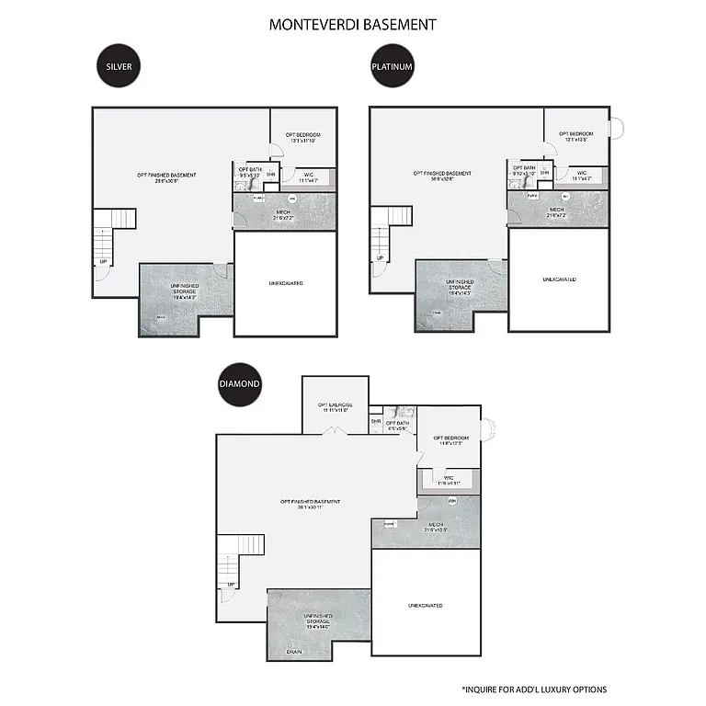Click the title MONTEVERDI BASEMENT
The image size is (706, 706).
tap(352, 25)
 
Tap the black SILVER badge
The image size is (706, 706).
tap(118, 67)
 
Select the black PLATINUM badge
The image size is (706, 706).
tap(393, 67)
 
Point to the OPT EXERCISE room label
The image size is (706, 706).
tap(335, 406)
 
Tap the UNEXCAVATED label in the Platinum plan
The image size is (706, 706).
tap(559, 279)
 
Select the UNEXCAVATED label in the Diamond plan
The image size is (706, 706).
tap(426, 606)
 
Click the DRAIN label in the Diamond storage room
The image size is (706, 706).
tap(294, 652)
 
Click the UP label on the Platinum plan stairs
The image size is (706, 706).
tap(380, 258)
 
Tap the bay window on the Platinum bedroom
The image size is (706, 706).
tap(617, 127)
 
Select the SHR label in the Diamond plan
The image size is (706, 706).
tap(376, 422)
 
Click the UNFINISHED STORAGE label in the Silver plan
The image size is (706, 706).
tap(185, 290)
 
